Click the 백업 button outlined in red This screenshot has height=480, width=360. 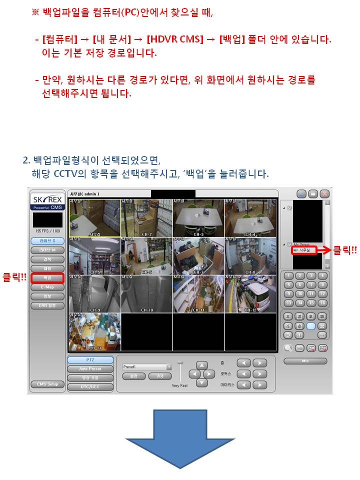click(x=47, y=277)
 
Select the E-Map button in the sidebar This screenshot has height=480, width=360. click(x=47, y=287)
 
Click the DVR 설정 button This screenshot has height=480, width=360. click(x=47, y=305)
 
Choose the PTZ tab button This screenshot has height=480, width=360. click(x=90, y=360)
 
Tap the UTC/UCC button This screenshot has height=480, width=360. click(x=90, y=386)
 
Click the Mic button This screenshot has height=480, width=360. click(x=305, y=361)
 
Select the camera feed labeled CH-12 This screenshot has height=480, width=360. click(x=250, y=294)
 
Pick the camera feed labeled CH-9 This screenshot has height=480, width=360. click(x=95, y=294)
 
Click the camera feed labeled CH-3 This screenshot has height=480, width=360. click(x=198, y=217)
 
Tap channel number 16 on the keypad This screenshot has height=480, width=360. click(x=322, y=303)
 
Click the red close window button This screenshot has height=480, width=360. click(x=325, y=193)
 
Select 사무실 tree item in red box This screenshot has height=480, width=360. click(x=304, y=249)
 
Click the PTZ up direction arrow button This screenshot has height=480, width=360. click(x=201, y=365)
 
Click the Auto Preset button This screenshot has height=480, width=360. click(x=90, y=369)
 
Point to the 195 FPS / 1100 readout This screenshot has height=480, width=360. click(x=47, y=231)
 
